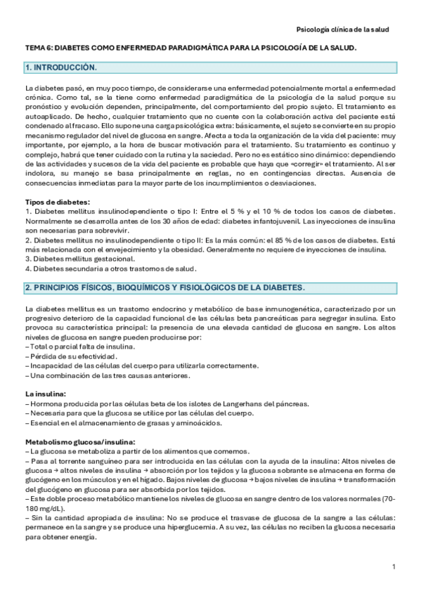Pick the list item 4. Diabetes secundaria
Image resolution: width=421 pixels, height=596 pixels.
[x=110, y=268]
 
